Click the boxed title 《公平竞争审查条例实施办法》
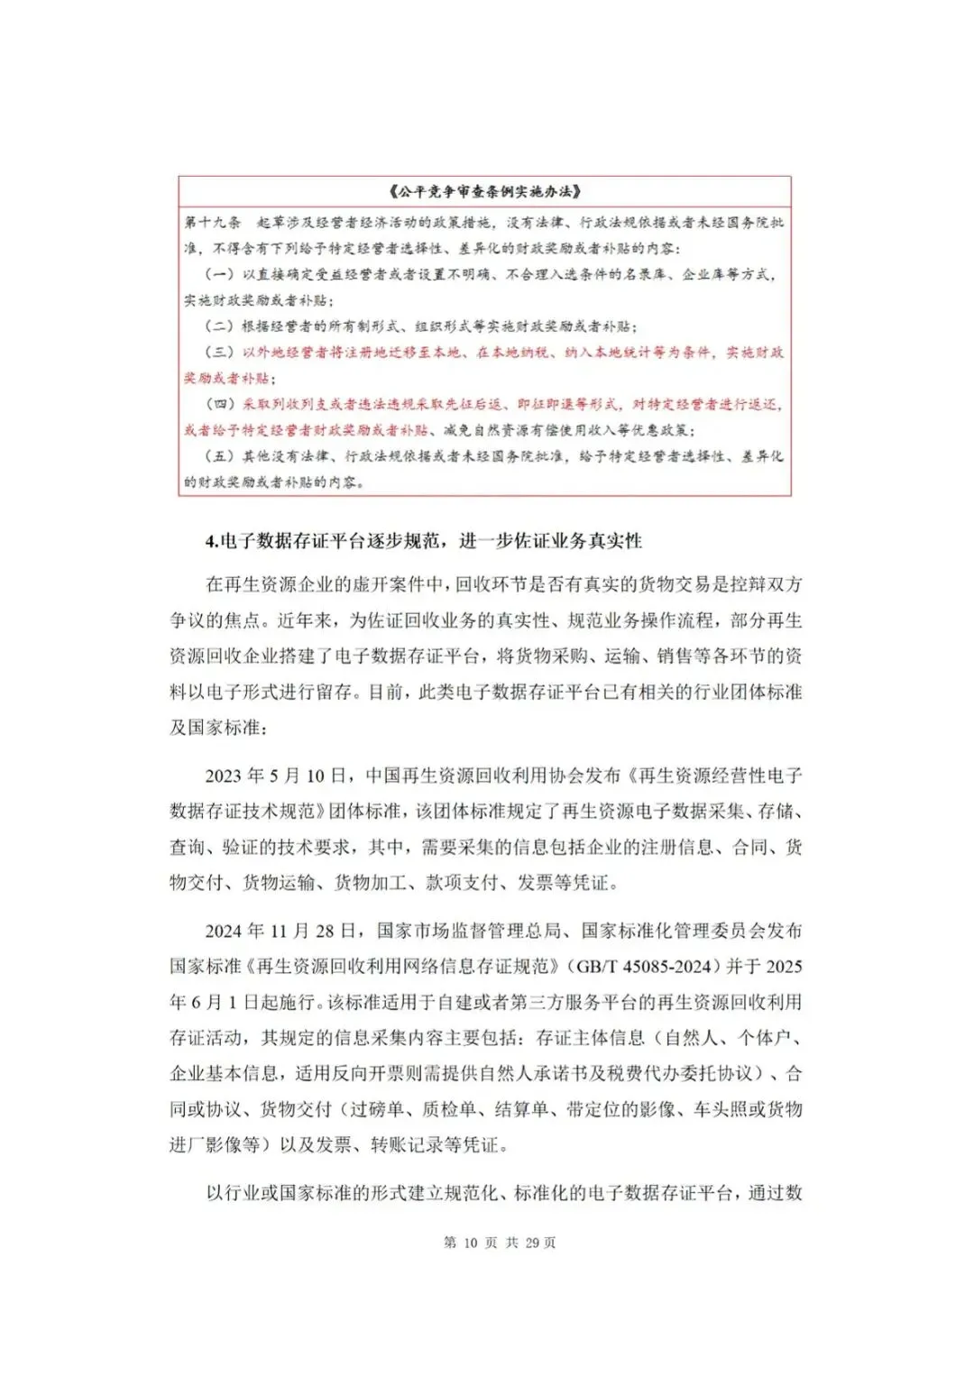coord(484,191)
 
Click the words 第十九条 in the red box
coord(213,222)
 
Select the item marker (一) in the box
coord(220,274)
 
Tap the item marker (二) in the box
coord(220,326)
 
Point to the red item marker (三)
coord(220,353)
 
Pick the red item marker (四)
coord(220,405)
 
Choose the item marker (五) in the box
coord(220,457)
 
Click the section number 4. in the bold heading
coord(212,541)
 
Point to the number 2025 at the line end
coord(783,967)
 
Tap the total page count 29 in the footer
coord(532,1243)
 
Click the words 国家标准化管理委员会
coord(672,931)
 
